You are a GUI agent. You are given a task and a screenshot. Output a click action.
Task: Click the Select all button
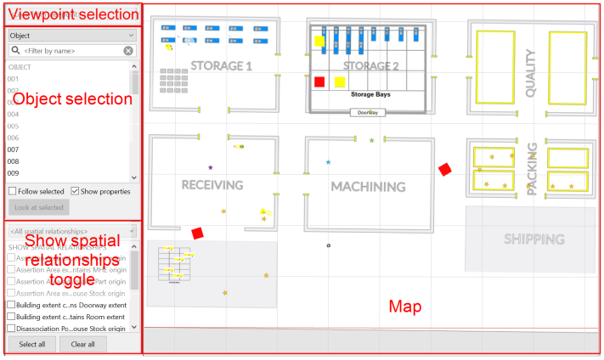click(32, 344)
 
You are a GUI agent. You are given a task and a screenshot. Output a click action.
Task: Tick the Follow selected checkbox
click(13, 192)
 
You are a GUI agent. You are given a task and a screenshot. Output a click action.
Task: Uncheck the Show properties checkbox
click(76, 192)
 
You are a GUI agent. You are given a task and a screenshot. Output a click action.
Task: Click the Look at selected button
click(38, 207)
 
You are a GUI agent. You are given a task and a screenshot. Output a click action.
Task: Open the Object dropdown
click(72, 37)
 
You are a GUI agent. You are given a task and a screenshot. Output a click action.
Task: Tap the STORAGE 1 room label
click(221, 65)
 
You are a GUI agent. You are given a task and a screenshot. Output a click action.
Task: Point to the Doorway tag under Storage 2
click(368, 112)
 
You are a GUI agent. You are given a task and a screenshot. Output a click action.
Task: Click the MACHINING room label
click(368, 186)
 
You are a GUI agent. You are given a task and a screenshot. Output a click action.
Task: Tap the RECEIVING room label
click(212, 185)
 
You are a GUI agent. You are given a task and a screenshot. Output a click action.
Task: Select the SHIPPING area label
click(534, 239)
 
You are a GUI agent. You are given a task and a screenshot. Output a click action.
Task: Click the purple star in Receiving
click(211, 167)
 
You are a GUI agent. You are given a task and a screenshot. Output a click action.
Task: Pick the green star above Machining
click(371, 140)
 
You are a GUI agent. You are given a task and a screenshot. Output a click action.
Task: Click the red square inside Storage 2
click(319, 82)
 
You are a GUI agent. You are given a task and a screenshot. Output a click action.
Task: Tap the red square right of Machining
click(444, 170)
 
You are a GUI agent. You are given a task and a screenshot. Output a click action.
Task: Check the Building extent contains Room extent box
click(12, 316)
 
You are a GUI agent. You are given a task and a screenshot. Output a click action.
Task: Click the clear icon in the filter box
click(128, 51)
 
